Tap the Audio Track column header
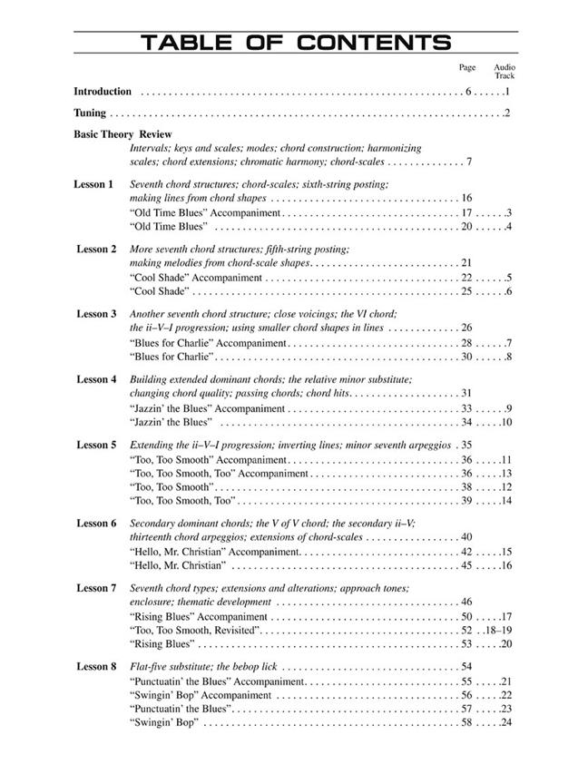(x=505, y=72)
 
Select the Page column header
(x=467, y=68)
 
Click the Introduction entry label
(x=103, y=92)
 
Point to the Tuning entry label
(x=90, y=113)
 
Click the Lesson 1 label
(x=93, y=184)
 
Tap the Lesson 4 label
(x=96, y=379)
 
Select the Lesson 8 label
(x=96, y=666)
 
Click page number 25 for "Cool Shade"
(x=467, y=291)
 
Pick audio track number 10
(x=506, y=422)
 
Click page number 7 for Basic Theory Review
(x=468, y=162)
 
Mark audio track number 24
(x=506, y=722)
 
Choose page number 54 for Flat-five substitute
(x=467, y=666)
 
